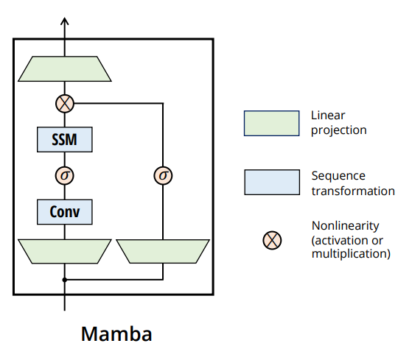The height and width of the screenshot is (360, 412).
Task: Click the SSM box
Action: point(65,139)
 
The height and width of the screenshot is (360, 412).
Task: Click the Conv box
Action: point(65,212)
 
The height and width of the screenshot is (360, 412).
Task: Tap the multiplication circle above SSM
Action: point(65,104)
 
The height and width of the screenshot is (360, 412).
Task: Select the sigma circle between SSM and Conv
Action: point(65,175)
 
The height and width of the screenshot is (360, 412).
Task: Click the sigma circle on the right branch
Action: point(162,175)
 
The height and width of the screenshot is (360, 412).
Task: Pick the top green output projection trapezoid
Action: point(65,69)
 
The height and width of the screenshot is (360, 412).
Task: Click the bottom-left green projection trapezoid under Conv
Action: point(65,251)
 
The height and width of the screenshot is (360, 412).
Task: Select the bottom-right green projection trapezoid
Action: point(162,251)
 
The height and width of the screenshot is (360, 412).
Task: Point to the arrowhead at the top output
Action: point(65,22)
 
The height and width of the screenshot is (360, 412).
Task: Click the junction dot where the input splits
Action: point(65,280)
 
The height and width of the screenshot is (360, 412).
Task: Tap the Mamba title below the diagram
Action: point(116,334)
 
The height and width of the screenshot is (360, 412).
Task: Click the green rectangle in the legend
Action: point(272,123)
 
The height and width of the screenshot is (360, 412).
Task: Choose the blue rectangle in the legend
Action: point(272,183)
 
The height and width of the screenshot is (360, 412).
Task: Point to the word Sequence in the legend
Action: point(338,177)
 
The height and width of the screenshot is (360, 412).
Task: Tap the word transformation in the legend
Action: point(352,191)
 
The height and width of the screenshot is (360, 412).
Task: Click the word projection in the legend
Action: point(339,130)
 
